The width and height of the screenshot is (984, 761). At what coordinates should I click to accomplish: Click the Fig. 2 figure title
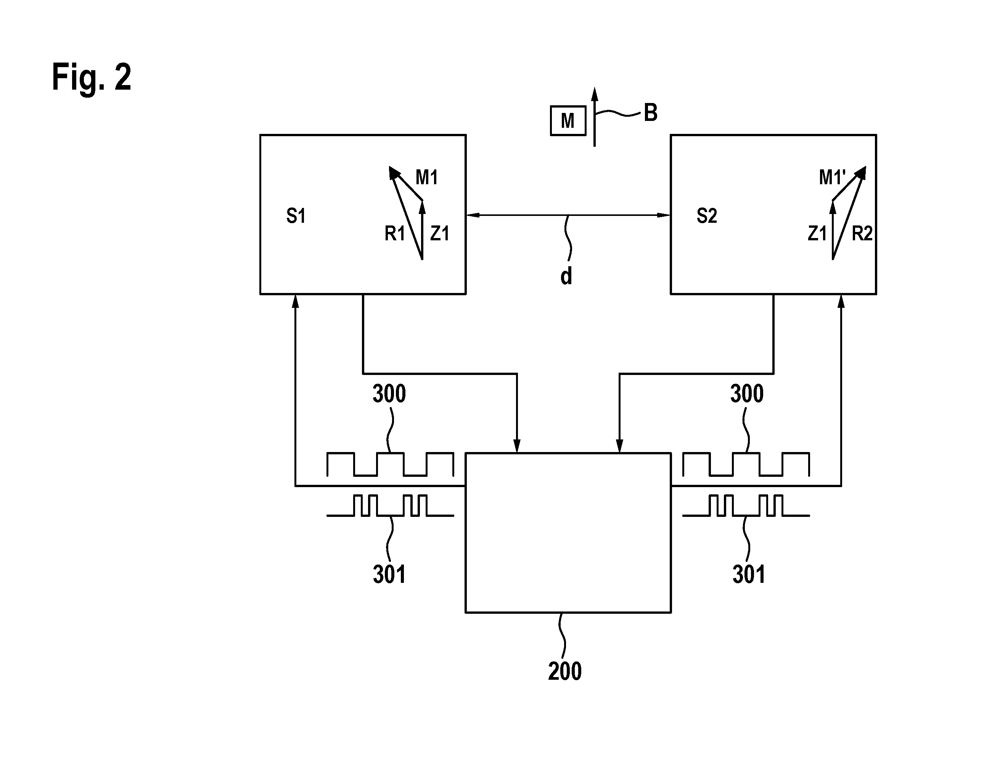pyautogui.click(x=92, y=77)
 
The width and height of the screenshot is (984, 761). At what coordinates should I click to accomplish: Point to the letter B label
pyautogui.click(x=650, y=113)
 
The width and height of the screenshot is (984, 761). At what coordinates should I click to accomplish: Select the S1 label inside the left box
pyautogui.click(x=296, y=216)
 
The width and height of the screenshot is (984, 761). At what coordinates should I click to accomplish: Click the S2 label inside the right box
pyautogui.click(x=706, y=216)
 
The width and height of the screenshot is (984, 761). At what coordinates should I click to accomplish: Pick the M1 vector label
pyautogui.click(x=426, y=177)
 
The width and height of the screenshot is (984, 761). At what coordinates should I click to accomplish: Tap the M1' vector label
pyautogui.click(x=832, y=177)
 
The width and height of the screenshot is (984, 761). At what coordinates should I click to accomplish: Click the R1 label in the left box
pyautogui.click(x=395, y=233)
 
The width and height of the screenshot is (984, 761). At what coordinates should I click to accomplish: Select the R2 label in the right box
pyautogui.click(x=862, y=233)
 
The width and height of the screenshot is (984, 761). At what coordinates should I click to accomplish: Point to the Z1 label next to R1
pyautogui.click(x=440, y=233)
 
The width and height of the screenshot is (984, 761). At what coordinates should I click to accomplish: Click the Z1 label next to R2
pyautogui.click(x=817, y=233)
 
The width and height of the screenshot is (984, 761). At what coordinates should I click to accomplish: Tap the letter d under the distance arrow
pyautogui.click(x=566, y=276)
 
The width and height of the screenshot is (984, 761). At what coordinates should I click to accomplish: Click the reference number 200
pyautogui.click(x=564, y=671)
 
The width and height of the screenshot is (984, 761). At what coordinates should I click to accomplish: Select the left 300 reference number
pyautogui.click(x=389, y=393)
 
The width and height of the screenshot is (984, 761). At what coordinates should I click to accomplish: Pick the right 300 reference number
pyautogui.click(x=746, y=393)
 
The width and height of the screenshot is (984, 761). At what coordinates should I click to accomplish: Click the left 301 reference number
pyautogui.click(x=389, y=574)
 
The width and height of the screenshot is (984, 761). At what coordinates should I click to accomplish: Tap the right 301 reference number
pyautogui.click(x=748, y=574)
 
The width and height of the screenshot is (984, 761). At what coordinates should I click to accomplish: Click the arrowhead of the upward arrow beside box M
pyautogui.click(x=594, y=94)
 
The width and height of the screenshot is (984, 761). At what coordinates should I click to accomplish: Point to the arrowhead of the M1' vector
pyautogui.click(x=860, y=172)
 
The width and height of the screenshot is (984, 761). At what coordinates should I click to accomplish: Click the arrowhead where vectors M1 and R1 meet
pyautogui.click(x=394, y=172)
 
